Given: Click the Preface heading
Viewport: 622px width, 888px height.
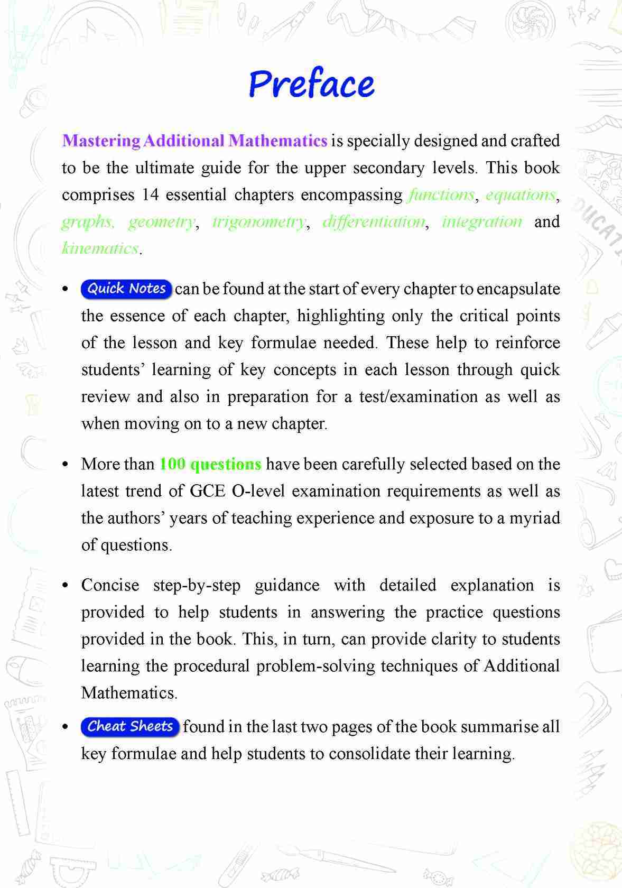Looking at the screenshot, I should [x=311, y=85].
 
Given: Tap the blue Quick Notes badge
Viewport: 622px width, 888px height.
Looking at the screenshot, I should [x=126, y=289].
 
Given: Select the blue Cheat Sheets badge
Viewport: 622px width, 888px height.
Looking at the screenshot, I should [x=130, y=727].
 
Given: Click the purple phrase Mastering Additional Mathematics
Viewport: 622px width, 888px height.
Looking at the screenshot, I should [x=194, y=141].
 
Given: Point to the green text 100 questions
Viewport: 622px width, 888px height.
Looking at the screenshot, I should [x=210, y=465].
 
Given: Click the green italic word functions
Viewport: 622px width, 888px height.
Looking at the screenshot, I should [x=441, y=195].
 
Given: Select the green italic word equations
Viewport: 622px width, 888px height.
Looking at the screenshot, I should [x=520, y=195].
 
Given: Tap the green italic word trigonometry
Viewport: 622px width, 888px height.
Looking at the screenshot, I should [x=258, y=221].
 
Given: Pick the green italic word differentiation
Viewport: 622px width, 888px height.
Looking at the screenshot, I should [x=374, y=221].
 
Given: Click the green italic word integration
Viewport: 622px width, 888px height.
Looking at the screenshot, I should [x=482, y=221].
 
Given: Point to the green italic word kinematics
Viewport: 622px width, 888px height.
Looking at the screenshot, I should [x=100, y=248].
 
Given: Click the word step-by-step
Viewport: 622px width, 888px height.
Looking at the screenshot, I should [x=197, y=586].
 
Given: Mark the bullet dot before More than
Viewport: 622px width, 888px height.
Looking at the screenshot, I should [x=66, y=465].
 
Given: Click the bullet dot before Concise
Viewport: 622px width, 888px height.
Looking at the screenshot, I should [x=66, y=586].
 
